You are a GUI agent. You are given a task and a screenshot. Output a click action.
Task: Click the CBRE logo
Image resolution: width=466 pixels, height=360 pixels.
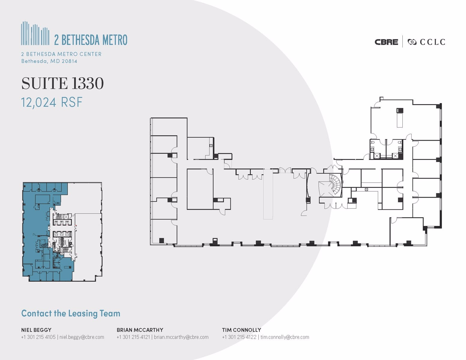(x=386, y=42)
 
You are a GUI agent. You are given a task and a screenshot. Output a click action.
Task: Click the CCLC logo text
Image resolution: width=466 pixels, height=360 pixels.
(x=432, y=42)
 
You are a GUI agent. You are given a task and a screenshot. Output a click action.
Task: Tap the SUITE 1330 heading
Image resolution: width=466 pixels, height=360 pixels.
(x=62, y=83)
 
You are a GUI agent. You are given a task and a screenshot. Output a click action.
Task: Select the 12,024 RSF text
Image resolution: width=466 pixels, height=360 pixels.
(x=52, y=102)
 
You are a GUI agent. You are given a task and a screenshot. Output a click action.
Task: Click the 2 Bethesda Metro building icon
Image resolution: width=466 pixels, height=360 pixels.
(x=35, y=33)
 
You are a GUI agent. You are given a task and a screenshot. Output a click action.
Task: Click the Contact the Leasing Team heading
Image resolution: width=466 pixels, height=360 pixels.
(x=71, y=313)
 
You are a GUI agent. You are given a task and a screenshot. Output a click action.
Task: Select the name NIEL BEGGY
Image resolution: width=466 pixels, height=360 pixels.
(x=36, y=330)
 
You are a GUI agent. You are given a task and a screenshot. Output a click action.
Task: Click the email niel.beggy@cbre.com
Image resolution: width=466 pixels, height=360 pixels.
(x=82, y=337)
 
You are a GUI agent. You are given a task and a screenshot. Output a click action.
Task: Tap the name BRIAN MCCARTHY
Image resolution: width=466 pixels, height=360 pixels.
(x=140, y=330)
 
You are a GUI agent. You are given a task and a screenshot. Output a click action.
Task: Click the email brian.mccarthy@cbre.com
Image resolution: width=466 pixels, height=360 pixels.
(x=181, y=337)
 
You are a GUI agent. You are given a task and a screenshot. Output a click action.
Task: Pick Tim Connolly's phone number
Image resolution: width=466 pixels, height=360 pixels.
(x=239, y=337)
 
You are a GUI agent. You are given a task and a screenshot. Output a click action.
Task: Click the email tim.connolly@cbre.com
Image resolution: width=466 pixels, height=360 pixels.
(x=285, y=337)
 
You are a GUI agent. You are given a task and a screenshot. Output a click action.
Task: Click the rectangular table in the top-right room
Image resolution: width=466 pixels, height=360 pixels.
(x=399, y=118)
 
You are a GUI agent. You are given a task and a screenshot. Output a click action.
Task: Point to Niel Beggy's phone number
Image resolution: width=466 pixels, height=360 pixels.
(x=38, y=337)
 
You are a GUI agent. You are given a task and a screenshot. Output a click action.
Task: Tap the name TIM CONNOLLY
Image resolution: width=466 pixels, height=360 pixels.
(x=241, y=330)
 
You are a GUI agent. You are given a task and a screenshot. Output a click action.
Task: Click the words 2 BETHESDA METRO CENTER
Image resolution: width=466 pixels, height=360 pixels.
(x=61, y=54)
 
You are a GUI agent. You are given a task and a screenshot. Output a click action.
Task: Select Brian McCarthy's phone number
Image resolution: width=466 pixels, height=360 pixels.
(x=133, y=337)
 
